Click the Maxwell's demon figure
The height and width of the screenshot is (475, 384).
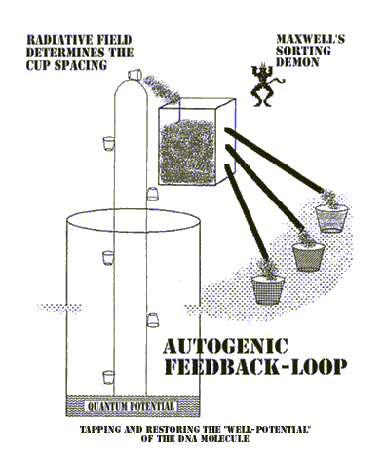pyautogui.click(x=265, y=86)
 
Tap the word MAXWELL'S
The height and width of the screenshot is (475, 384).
pyautogui.click(x=310, y=39)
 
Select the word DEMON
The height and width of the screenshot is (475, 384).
pyautogui.click(x=297, y=62)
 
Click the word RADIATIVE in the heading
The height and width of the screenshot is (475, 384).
pyautogui.click(x=55, y=40)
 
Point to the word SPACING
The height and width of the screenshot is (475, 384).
pyautogui.click(x=80, y=65)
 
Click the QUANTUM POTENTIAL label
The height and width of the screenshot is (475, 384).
pyautogui.click(x=131, y=406)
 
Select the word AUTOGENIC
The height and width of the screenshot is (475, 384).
pyautogui.click(x=225, y=346)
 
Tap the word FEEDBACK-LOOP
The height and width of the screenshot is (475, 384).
pyautogui.click(x=255, y=367)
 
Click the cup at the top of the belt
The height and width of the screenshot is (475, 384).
pyautogui.click(x=134, y=74)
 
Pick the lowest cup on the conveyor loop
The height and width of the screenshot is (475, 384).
pyautogui.click(x=108, y=378)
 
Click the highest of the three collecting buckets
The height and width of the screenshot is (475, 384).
pyautogui.click(x=331, y=218)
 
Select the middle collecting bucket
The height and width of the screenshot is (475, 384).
pyautogui.click(x=308, y=257)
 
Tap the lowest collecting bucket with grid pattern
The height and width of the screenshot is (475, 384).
pyautogui.click(x=268, y=290)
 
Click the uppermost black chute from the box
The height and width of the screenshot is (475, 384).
pyautogui.click(x=274, y=160)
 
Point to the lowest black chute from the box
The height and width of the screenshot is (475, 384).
pyautogui.click(x=247, y=211)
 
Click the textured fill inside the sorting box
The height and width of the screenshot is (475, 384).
pyautogui.click(x=187, y=152)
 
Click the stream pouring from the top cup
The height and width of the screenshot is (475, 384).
pyautogui.click(x=162, y=88)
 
